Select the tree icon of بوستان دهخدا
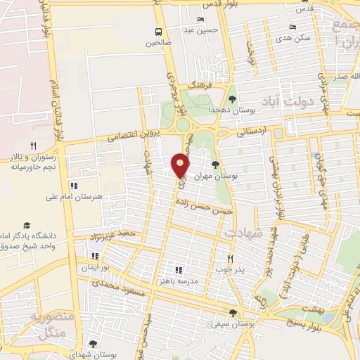point(233,98)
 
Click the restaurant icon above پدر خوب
point(229,258)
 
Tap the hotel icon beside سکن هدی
point(292,27)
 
